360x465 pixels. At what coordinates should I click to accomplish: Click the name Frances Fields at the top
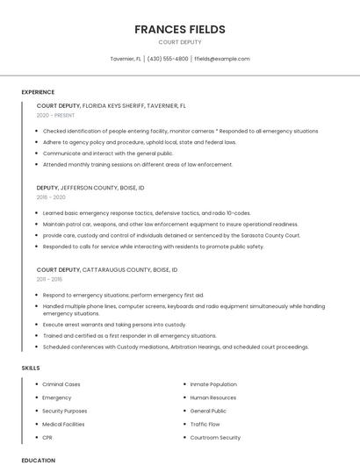coord(180,29)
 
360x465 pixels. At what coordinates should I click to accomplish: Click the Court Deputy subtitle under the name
coord(180,42)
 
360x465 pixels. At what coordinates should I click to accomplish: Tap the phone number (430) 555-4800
coord(168,59)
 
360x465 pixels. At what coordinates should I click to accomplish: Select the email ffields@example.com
coord(221,59)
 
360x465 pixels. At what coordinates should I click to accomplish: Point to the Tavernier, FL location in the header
coord(126,59)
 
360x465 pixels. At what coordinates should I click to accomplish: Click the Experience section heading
coord(38,92)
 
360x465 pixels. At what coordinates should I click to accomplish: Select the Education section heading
coord(38,460)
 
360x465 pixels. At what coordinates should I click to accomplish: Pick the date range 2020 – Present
coord(56,115)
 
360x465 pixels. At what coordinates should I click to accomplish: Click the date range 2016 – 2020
coord(52,197)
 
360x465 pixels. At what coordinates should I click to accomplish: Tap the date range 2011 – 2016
coord(49,279)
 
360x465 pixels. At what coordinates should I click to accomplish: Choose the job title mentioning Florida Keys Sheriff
coord(111,105)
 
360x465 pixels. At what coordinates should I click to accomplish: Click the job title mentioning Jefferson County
coord(90,188)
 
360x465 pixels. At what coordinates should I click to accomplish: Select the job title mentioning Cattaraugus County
coord(106,269)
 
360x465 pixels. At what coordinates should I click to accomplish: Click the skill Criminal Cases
coord(61,384)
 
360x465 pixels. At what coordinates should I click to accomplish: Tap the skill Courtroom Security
coord(215,437)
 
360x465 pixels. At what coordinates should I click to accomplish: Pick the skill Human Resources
coord(213,397)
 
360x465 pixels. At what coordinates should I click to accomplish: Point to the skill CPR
coord(47,437)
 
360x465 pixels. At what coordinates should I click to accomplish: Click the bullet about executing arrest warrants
coord(114,325)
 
